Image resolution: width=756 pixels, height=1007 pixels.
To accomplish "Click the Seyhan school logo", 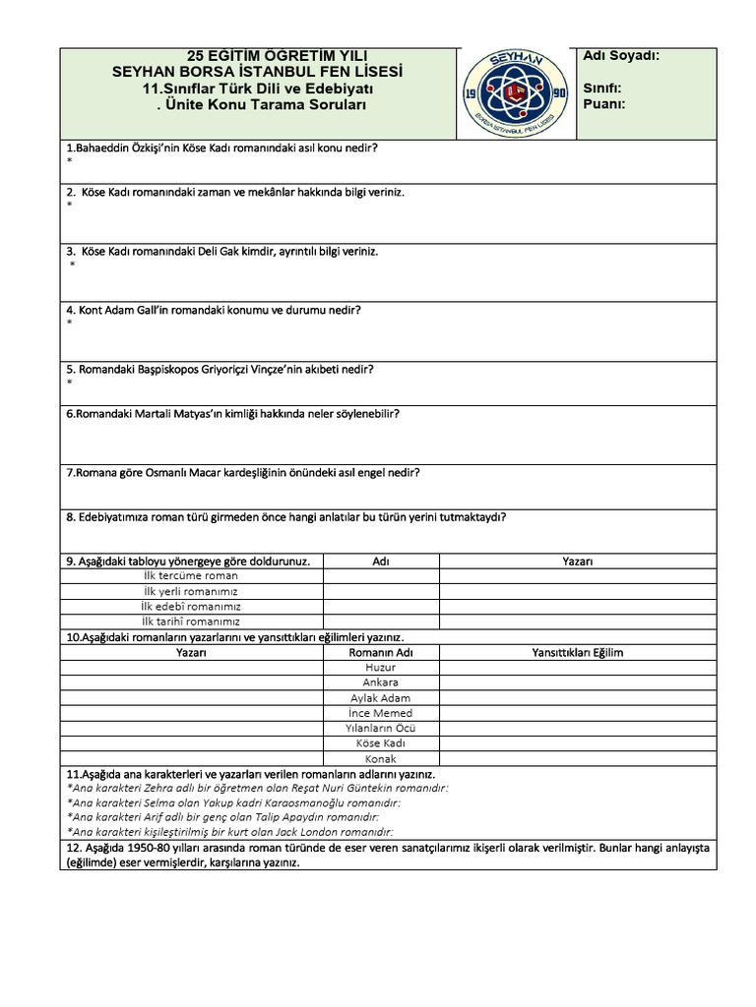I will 515,93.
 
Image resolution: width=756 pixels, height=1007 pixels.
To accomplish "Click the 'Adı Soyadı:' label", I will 621,56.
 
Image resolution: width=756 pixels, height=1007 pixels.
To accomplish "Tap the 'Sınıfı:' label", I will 601,88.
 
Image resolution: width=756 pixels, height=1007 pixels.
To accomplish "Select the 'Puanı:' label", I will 604,103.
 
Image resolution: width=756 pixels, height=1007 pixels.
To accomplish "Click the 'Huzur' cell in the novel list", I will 380,667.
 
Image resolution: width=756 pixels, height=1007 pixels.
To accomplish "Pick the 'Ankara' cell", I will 380,682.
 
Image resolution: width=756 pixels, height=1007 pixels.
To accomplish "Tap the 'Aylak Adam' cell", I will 380,698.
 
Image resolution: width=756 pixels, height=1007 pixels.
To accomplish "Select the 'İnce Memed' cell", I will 380,713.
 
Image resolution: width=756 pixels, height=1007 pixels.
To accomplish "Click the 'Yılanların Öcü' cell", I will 380,728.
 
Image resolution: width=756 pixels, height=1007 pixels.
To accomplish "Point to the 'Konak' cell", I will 380,759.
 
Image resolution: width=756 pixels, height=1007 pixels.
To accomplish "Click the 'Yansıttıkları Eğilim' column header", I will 577,652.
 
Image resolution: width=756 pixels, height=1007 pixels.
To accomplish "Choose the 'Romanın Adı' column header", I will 380,652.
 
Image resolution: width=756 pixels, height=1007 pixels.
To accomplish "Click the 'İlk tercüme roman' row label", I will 191,576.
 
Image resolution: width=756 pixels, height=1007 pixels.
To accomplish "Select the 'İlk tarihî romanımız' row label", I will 191,622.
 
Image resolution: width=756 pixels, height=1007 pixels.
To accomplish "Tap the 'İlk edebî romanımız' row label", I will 191,607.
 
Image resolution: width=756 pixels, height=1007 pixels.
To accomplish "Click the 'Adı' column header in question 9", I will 381,562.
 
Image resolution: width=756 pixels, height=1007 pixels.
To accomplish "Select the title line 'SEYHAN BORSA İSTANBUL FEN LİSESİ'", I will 257,72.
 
